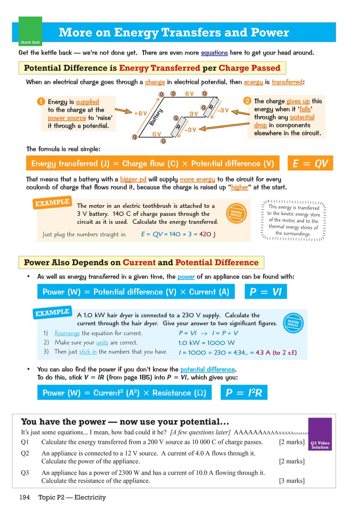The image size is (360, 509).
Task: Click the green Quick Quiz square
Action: (30, 31)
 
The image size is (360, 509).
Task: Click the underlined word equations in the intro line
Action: (214, 53)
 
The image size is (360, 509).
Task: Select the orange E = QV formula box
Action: (310, 164)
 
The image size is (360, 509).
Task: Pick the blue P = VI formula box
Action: (266, 292)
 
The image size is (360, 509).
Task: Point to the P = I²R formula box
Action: (244, 393)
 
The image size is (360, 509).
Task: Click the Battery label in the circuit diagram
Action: (156, 117)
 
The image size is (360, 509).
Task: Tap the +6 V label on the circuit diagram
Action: (140, 113)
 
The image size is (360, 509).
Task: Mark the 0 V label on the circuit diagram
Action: (157, 134)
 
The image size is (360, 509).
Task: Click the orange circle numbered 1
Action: (41, 101)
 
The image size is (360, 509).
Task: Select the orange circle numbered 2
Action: (247, 101)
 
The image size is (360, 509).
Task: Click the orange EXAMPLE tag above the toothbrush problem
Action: (52, 202)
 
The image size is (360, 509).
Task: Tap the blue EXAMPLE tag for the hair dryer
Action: (52, 313)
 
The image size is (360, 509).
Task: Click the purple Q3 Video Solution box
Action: (320, 434)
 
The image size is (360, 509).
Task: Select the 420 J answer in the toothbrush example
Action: (207, 234)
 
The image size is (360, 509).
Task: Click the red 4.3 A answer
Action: (263, 353)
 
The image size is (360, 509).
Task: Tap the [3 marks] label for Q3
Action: (292, 481)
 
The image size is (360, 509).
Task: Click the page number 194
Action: (25, 497)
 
